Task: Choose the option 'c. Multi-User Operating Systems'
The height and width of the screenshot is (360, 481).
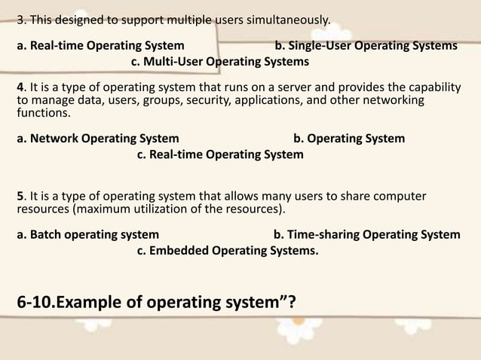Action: click(x=220, y=61)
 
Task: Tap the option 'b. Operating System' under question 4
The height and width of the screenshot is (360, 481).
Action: click(x=348, y=139)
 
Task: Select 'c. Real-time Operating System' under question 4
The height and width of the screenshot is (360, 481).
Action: click(x=220, y=154)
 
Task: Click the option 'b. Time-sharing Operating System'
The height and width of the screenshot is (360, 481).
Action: click(x=366, y=234)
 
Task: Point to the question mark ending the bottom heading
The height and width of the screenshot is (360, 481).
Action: click(x=291, y=304)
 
